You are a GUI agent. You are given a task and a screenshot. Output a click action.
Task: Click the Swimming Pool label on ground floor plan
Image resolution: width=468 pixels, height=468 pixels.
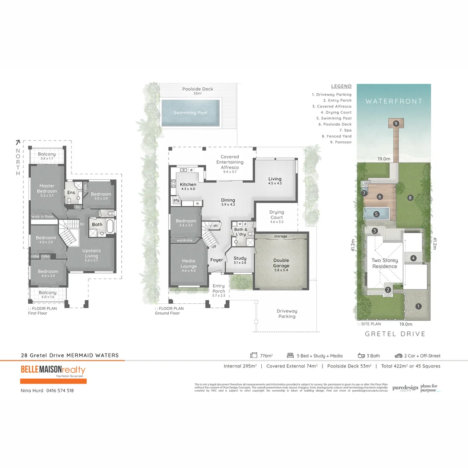(x=190, y=113)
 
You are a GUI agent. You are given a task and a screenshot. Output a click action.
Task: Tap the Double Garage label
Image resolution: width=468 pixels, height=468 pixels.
(x=281, y=263)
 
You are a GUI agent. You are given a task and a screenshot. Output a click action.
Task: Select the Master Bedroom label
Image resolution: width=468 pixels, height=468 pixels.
(x=47, y=188)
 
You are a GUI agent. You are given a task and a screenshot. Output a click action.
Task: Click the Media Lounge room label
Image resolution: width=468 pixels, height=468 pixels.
(x=188, y=263)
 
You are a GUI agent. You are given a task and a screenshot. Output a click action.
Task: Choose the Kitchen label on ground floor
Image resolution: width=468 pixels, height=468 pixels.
(x=188, y=185)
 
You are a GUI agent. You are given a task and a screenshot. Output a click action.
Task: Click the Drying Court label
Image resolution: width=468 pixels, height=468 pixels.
(x=276, y=215)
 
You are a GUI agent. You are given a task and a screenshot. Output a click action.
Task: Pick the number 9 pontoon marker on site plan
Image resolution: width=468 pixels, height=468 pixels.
(x=396, y=123)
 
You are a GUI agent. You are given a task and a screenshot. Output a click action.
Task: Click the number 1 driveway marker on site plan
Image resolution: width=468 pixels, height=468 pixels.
(x=418, y=306)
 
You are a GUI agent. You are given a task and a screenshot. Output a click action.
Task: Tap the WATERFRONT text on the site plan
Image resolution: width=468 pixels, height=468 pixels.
(x=393, y=101)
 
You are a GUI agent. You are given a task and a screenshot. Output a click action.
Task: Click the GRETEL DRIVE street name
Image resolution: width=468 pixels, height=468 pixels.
(x=395, y=334)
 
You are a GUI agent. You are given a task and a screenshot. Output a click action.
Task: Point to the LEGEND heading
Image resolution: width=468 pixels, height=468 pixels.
(x=341, y=87)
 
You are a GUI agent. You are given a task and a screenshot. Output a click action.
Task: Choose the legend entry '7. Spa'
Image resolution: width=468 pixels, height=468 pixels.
(x=345, y=130)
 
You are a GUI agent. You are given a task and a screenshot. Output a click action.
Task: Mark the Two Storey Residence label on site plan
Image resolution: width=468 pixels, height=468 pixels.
(x=384, y=263)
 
